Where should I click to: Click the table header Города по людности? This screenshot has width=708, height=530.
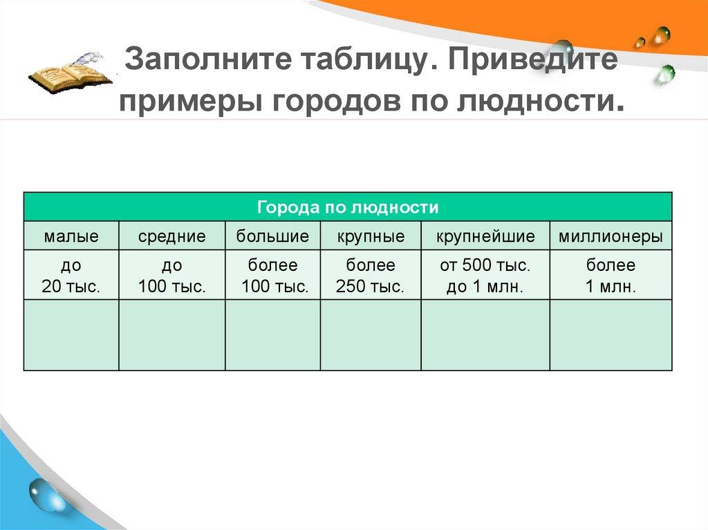pyautogui.click(x=348, y=207)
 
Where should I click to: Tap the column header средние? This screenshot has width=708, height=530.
pyautogui.click(x=171, y=236)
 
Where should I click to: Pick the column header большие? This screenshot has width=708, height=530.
pyautogui.click(x=272, y=236)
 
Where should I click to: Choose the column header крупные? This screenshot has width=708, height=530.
pyautogui.click(x=371, y=236)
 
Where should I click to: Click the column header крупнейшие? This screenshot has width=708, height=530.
pyautogui.click(x=485, y=236)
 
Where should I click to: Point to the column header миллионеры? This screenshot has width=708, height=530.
pyautogui.click(x=611, y=236)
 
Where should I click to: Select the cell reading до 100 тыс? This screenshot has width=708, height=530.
pyautogui.click(x=171, y=276)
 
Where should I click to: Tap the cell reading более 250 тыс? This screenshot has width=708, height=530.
pyautogui.click(x=371, y=276)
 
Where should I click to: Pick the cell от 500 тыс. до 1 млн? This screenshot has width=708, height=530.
pyautogui.click(x=485, y=276)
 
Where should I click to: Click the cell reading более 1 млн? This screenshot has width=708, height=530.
pyautogui.click(x=611, y=276)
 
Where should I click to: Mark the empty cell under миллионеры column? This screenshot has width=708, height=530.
pyautogui.click(x=611, y=335)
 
